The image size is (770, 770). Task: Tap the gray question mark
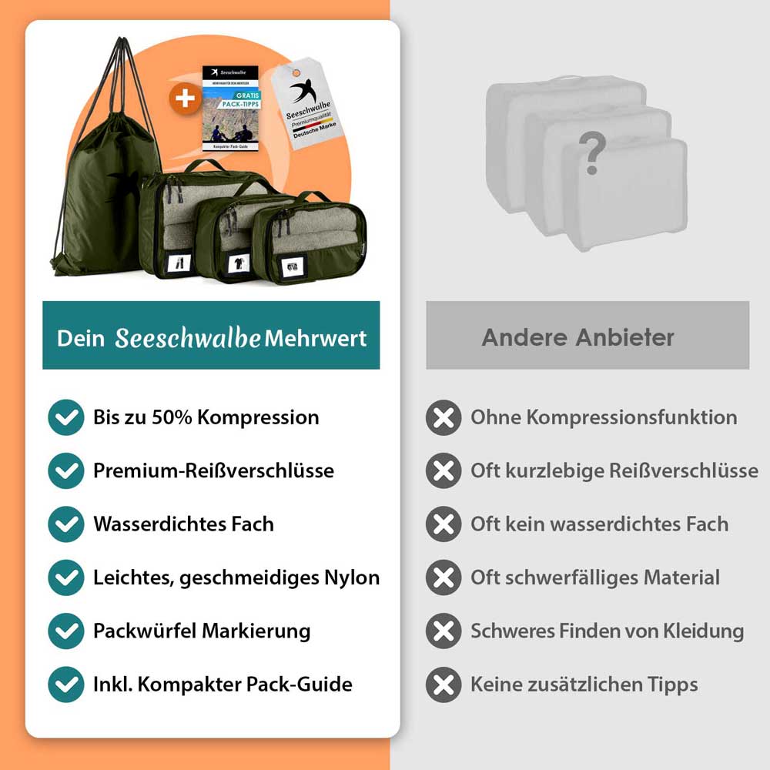coord(591,153)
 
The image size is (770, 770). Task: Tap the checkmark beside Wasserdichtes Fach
coord(65,524)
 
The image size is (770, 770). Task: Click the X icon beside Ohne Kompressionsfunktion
coord(444,418)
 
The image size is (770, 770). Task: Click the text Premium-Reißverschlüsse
coord(213,470)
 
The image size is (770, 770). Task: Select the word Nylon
coord(352,577)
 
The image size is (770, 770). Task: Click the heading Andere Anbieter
coord(577,337)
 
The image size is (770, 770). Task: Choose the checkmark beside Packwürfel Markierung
coord(65,631)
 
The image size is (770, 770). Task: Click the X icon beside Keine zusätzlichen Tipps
coord(444,685)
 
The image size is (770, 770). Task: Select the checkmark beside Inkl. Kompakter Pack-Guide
coord(65,685)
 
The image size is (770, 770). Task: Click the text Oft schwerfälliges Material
coord(594,577)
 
